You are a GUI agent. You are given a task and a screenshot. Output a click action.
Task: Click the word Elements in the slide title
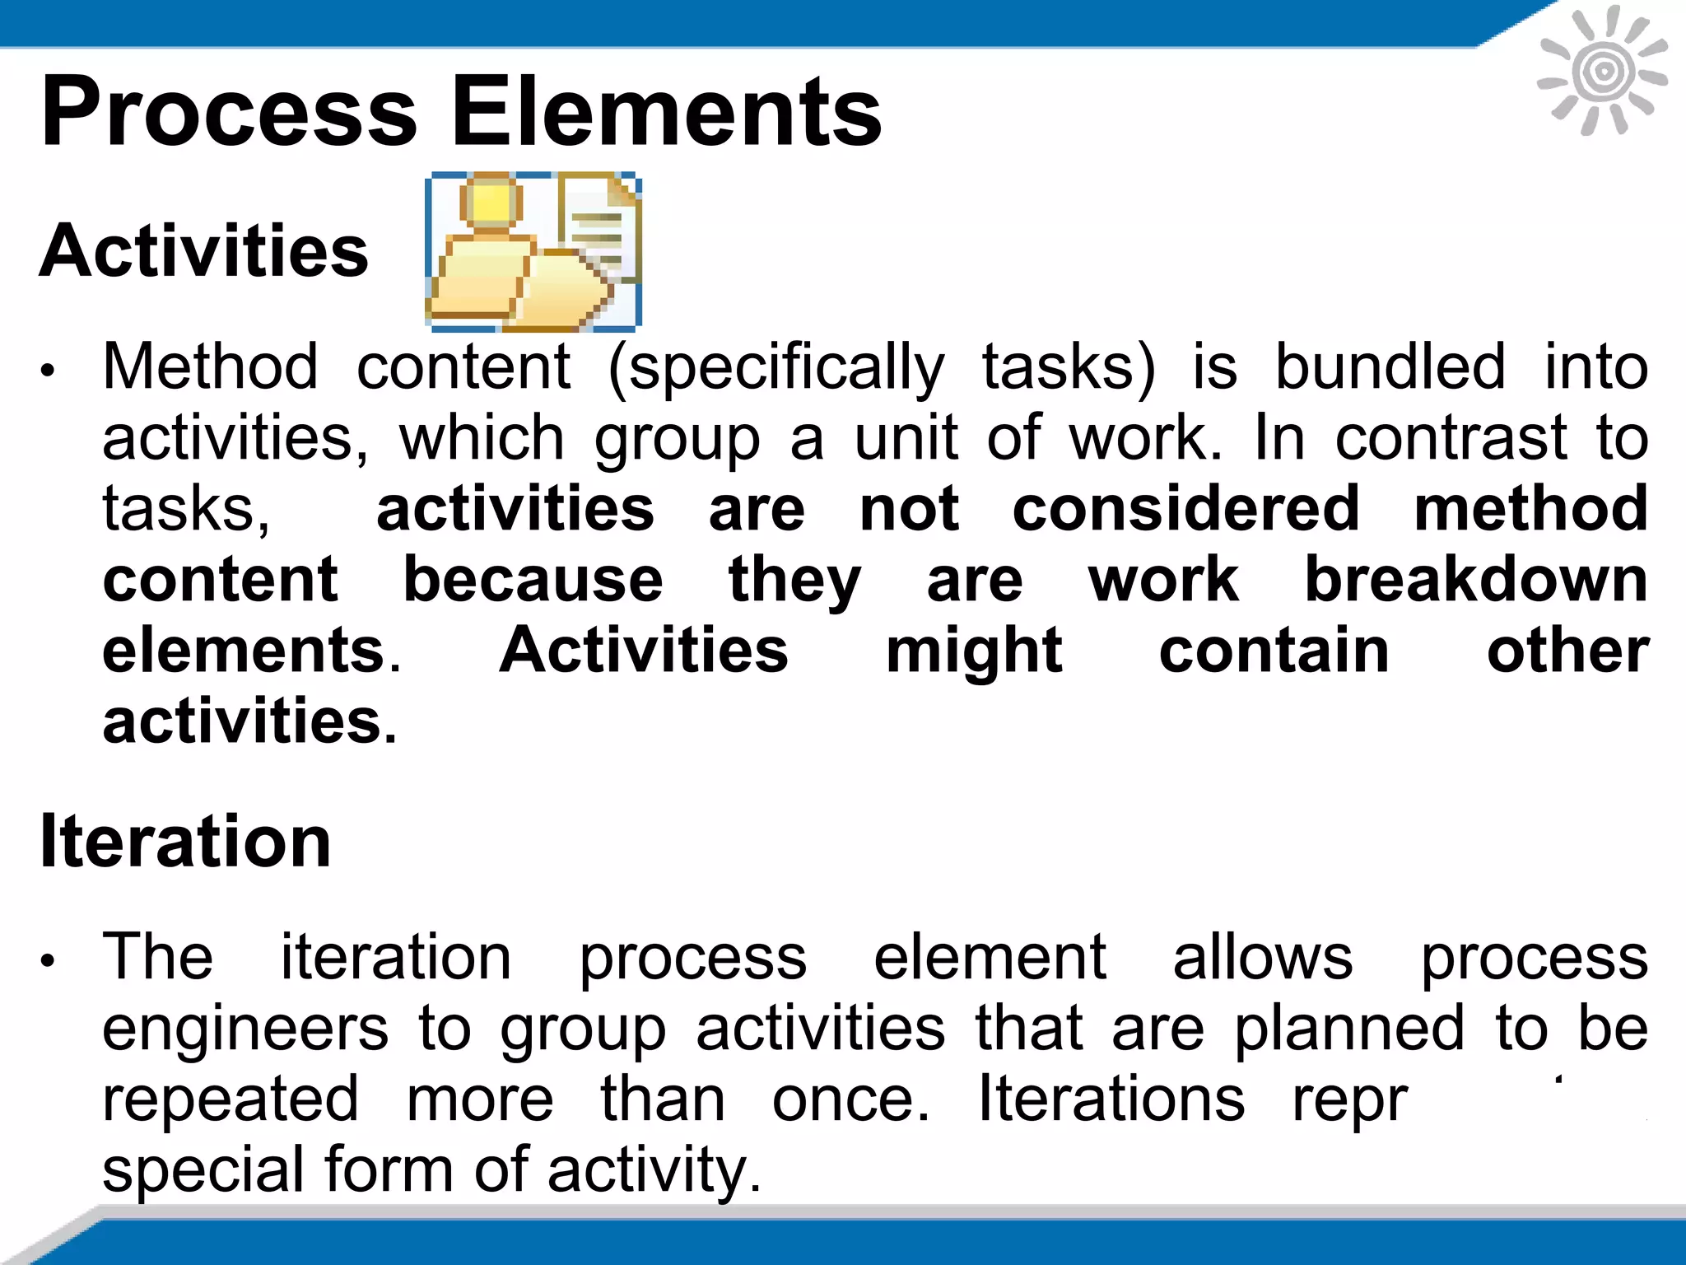[667, 111]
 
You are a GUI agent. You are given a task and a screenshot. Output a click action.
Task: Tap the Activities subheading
[204, 251]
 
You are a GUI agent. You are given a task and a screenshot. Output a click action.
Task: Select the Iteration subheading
[185, 841]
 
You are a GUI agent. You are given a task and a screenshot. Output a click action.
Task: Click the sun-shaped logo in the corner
[1602, 71]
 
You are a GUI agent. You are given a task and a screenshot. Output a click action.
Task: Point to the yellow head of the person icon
[491, 202]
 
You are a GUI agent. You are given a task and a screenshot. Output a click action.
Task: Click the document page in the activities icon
[599, 226]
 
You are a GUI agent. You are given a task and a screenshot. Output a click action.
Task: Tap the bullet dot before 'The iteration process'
[49, 960]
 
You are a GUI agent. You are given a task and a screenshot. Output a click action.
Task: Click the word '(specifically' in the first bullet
[776, 367]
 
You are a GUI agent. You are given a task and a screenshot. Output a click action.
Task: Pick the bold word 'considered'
[1185, 508]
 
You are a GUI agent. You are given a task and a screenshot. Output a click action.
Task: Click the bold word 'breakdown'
[1476, 579]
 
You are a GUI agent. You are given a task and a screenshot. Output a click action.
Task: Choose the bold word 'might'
[974, 651]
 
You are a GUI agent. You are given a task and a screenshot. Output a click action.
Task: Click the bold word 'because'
[533, 579]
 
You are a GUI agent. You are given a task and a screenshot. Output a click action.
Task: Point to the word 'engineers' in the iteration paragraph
[245, 1029]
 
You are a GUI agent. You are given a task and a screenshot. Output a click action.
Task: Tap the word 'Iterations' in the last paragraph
[1111, 1099]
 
